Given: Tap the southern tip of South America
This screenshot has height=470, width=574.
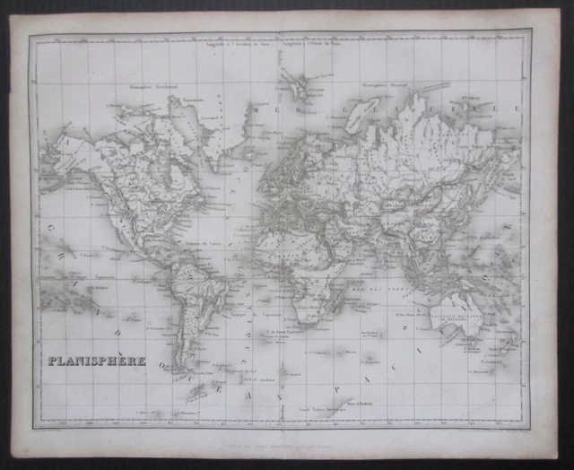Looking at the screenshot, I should (x=183, y=367).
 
